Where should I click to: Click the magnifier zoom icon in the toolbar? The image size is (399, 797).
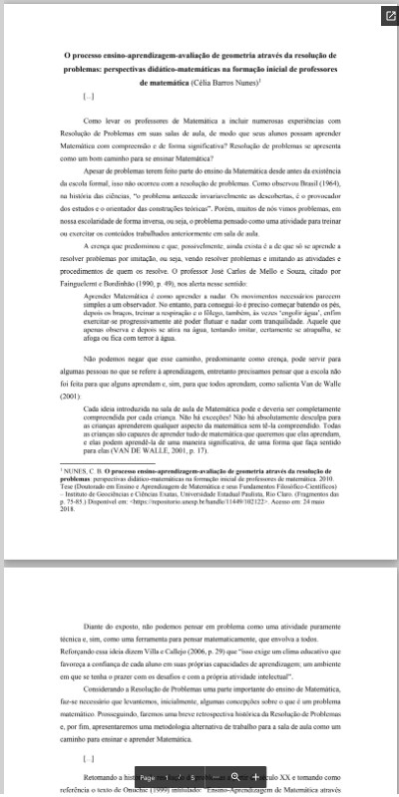[x=235, y=775]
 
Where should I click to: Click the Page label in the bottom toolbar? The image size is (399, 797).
[x=149, y=775]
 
